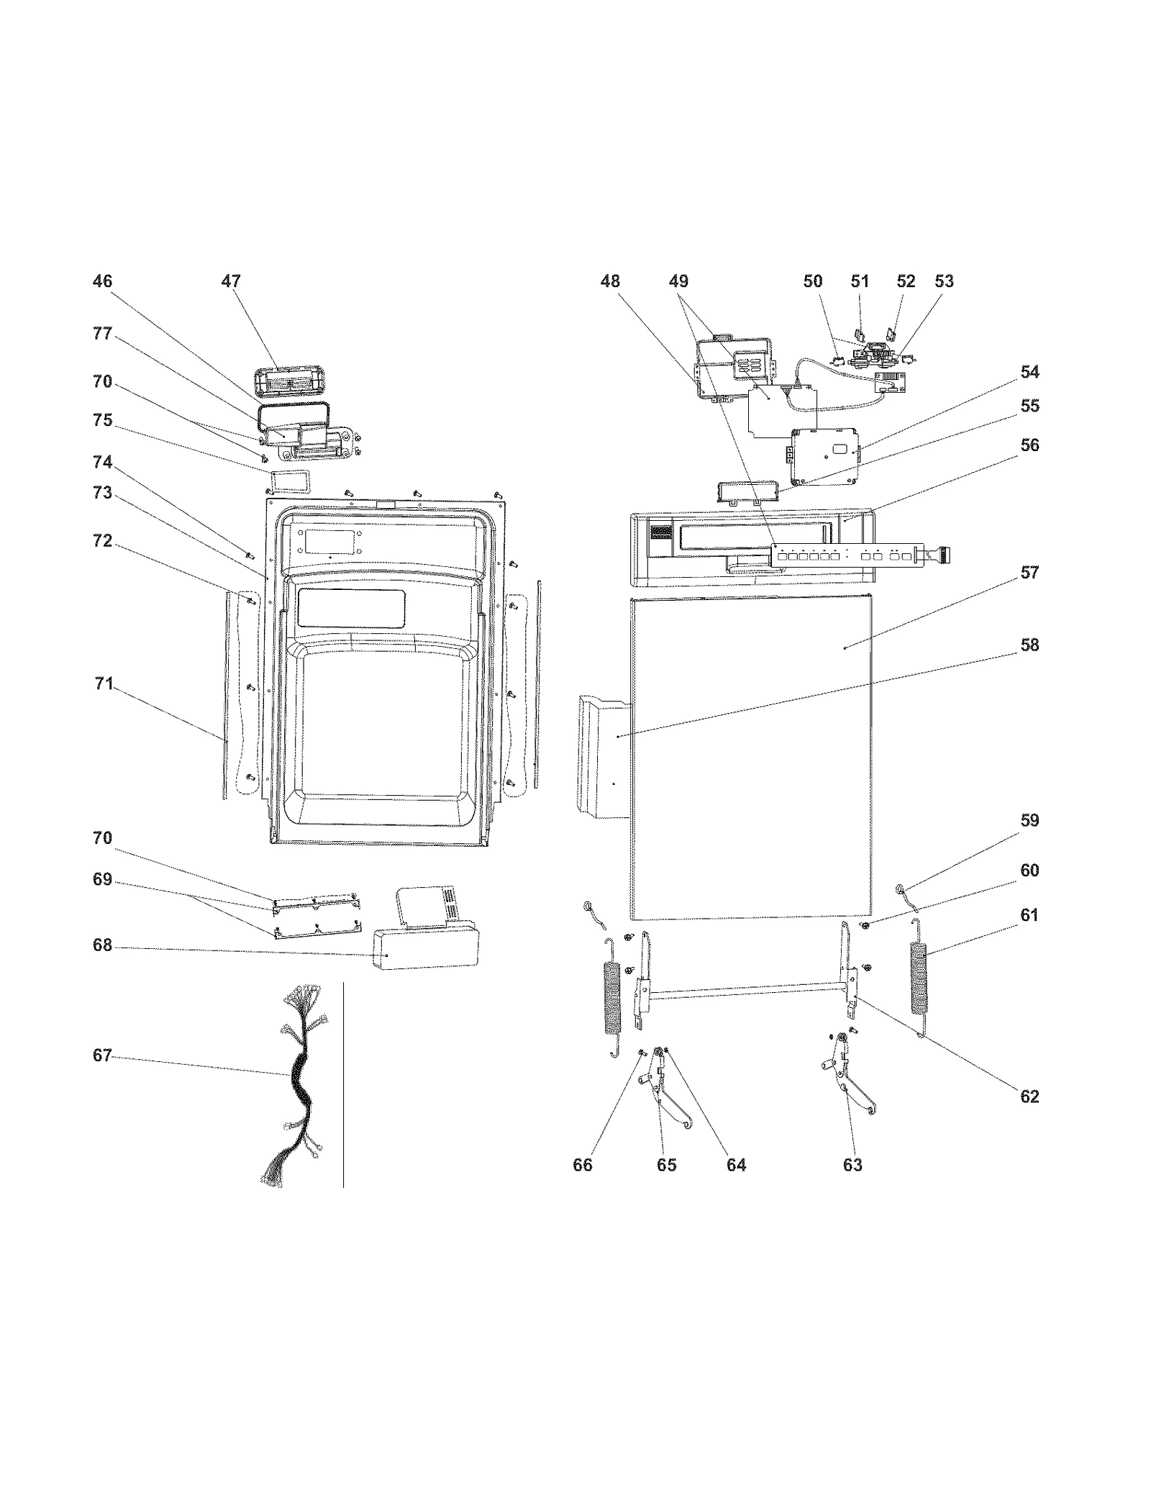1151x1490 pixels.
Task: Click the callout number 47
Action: (230, 281)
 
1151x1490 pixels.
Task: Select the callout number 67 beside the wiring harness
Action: (102, 1055)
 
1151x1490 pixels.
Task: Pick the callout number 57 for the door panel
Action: (1029, 573)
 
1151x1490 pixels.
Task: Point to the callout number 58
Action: (1029, 645)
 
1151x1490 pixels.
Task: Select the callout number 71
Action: (104, 683)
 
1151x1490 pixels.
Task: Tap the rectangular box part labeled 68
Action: (424, 949)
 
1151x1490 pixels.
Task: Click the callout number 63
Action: (852, 1165)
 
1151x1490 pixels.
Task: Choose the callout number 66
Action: (582, 1165)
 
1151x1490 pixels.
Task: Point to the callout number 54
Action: (1029, 372)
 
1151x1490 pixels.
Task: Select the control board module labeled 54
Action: (824, 456)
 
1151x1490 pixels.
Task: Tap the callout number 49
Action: (678, 281)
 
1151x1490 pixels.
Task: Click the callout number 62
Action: (1029, 1096)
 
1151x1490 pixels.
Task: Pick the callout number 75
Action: (102, 420)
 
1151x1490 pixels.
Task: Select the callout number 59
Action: (1029, 820)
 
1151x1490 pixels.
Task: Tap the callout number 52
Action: (906, 281)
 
